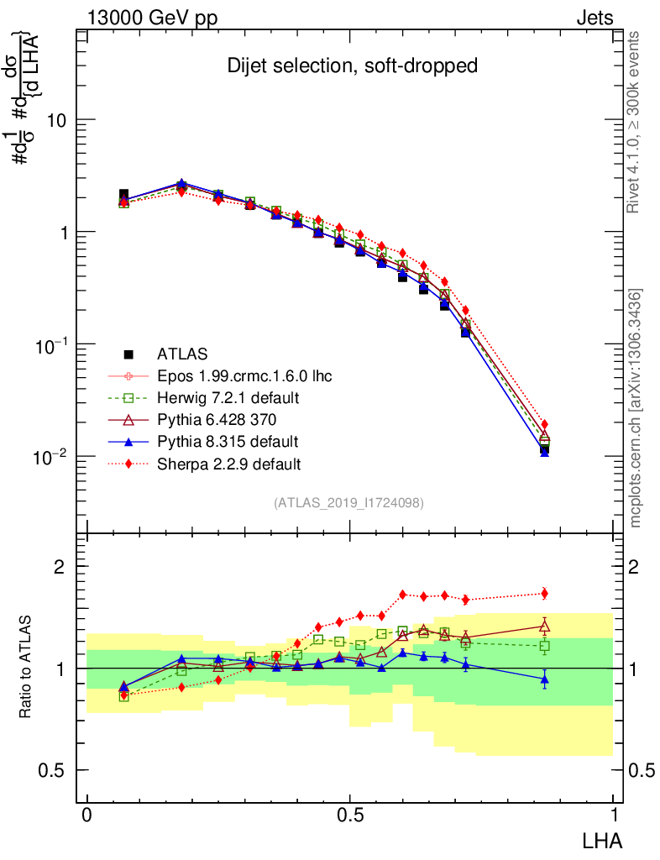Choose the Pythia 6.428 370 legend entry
(x=217, y=419)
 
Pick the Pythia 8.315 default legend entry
(x=228, y=441)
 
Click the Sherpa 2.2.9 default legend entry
(x=229, y=463)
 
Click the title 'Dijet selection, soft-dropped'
(x=353, y=66)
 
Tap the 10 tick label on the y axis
(x=55, y=120)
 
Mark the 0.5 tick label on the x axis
(x=351, y=815)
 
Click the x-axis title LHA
(x=602, y=839)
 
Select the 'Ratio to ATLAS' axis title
(x=27, y=669)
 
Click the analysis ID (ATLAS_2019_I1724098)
(x=348, y=502)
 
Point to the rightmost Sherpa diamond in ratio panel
(x=545, y=593)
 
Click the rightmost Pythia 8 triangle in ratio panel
(x=545, y=679)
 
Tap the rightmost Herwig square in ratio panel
(x=545, y=647)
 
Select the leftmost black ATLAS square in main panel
(x=123, y=195)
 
